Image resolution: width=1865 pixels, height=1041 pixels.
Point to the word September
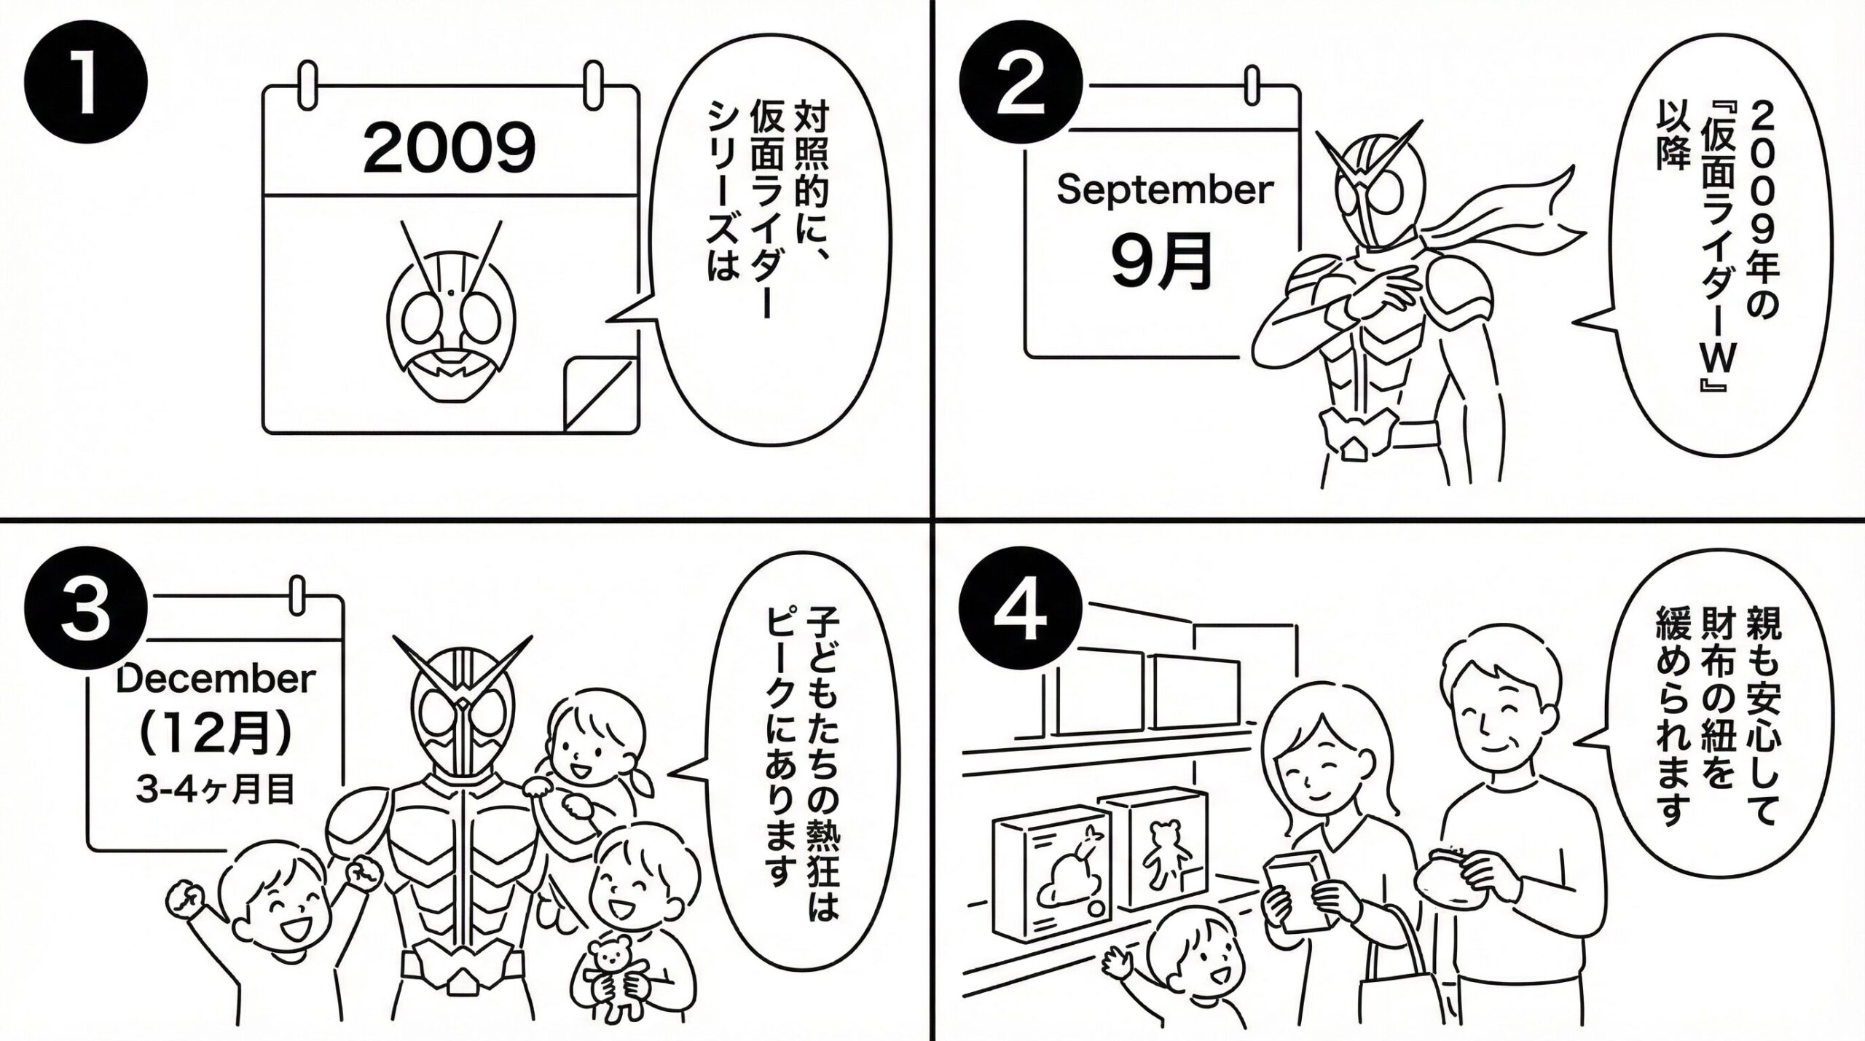[1165, 191]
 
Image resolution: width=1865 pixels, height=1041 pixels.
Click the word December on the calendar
[216, 680]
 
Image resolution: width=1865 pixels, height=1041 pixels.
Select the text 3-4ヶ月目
[216, 790]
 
